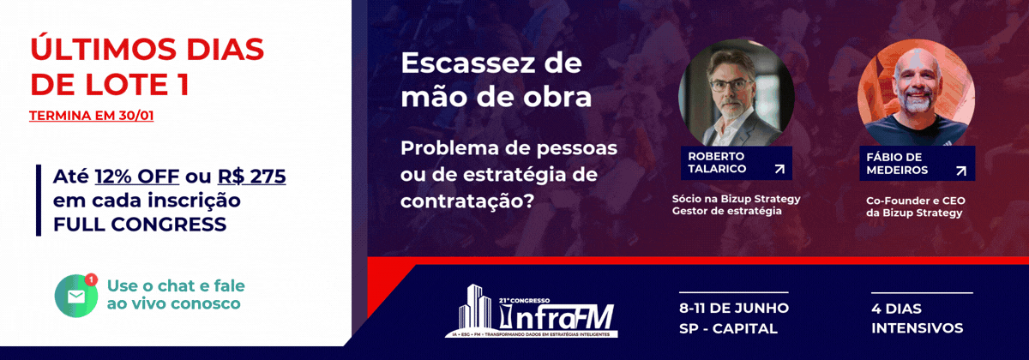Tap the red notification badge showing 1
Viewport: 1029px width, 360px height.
point(91,279)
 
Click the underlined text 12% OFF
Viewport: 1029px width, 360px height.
point(137,177)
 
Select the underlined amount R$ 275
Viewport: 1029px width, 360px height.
point(251,177)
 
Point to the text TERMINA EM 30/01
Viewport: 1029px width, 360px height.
point(92,114)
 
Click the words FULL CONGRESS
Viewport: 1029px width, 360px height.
point(140,225)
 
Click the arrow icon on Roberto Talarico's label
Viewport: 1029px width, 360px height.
point(779,169)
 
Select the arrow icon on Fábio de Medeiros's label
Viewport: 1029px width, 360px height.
point(960,171)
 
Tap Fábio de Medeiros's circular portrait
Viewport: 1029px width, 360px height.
point(915,94)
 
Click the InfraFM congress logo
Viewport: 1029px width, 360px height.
point(536,311)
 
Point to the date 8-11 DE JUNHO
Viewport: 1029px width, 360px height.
point(734,308)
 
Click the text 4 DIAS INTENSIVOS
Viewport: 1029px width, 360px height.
point(917,318)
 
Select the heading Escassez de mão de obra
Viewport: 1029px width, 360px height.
point(496,81)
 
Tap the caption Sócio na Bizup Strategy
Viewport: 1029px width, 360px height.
point(737,198)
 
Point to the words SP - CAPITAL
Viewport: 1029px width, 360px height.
point(725,328)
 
